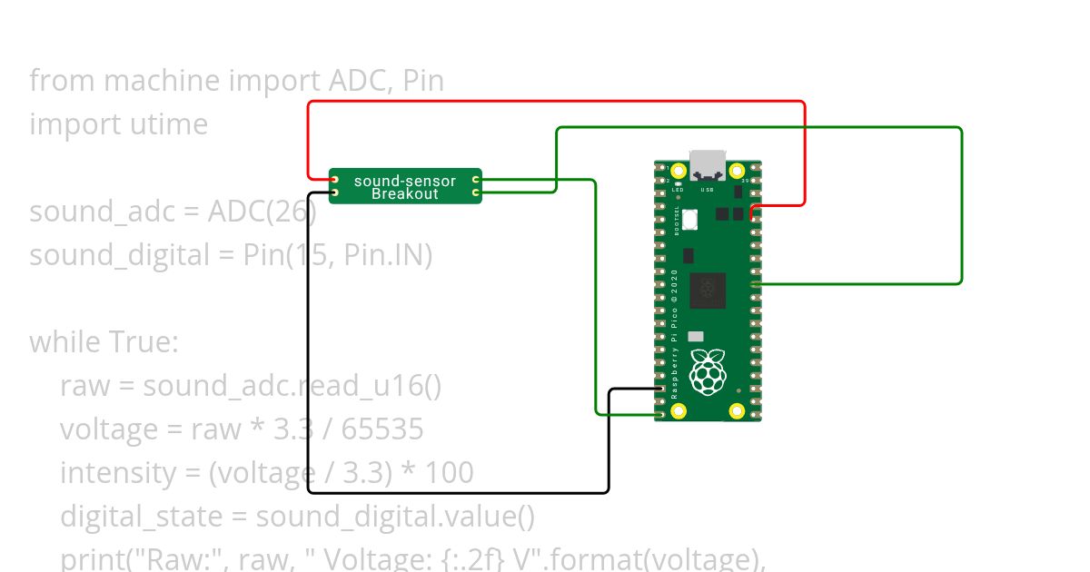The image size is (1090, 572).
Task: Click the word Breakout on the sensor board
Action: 405,194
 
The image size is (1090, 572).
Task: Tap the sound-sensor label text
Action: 405,182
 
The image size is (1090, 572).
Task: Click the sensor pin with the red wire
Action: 334,181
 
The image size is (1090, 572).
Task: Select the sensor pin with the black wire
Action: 334,192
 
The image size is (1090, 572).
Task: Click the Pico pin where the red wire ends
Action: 756,208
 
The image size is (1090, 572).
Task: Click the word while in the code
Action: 65,342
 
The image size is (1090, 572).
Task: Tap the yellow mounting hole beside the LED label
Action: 678,170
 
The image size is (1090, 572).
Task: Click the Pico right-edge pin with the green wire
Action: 756,284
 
